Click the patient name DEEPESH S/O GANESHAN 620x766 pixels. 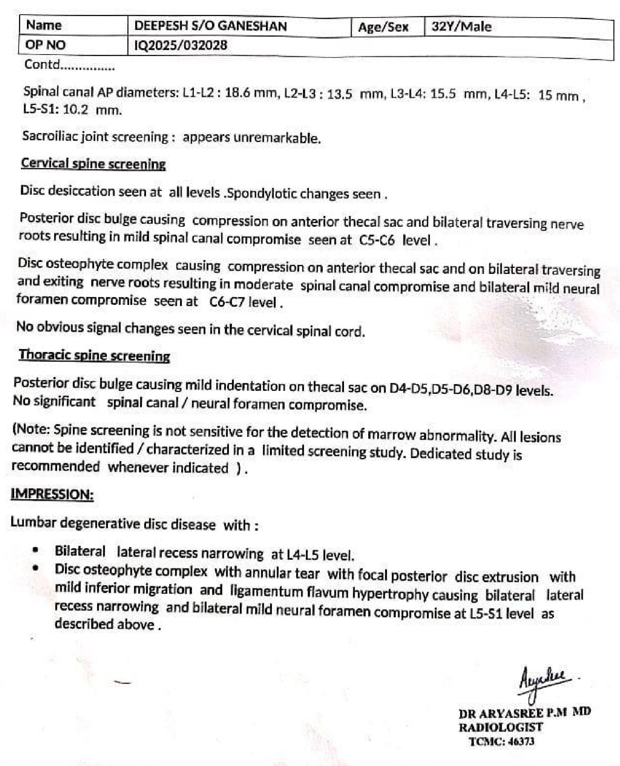[210, 26]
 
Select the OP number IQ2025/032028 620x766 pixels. [180, 46]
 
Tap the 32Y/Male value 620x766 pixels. [461, 27]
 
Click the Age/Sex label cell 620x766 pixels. [383, 27]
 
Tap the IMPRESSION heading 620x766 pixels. [52, 494]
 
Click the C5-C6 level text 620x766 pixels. [376, 240]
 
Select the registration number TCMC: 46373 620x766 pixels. [501, 741]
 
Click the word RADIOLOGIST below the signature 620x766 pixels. [500, 727]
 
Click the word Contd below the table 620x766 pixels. [41, 65]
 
